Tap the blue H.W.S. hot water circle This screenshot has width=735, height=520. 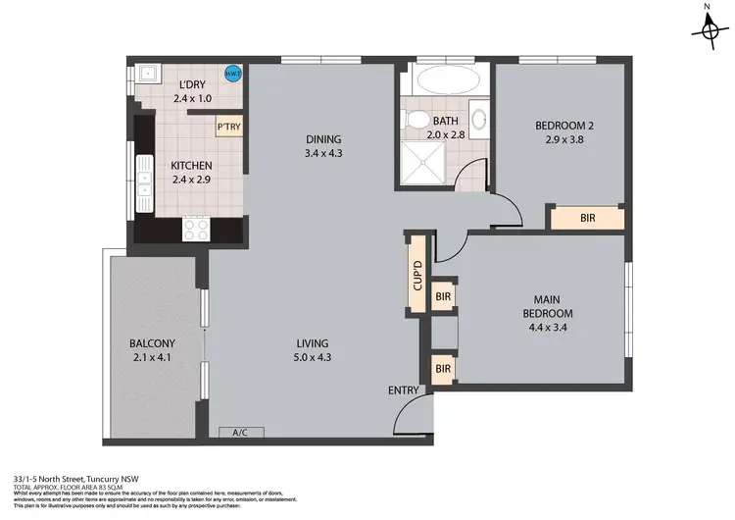(x=232, y=74)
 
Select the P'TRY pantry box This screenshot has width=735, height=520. (x=229, y=127)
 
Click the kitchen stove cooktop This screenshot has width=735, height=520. (x=196, y=228)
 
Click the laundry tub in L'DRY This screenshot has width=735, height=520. (x=147, y=73)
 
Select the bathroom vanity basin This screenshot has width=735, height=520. (x=477, y=120)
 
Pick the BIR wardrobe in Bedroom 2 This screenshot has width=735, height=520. (x=586, y=218)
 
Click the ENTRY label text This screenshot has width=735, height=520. (x=403, y=390)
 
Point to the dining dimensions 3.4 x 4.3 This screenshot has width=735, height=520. (x=322, y=154)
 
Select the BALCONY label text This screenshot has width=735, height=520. (x=152, y=343)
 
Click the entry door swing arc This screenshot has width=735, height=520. (x=407, y=420)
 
